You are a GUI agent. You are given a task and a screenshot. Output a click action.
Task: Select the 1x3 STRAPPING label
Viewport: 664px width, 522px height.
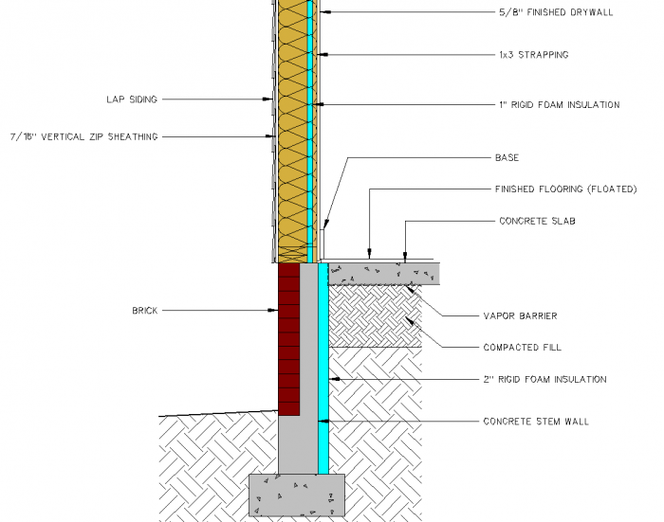pyautogui.click(x=533, y=55)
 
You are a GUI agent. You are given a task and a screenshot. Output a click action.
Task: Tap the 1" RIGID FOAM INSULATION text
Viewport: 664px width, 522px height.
pyautogui.click(x=559, y=105)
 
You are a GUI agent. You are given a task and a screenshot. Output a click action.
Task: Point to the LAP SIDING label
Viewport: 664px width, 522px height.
pyautogui.click(x=132, y=99)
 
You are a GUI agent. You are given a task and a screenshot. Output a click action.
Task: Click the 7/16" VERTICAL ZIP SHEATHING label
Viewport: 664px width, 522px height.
pyautogui.click(x=83, y=136)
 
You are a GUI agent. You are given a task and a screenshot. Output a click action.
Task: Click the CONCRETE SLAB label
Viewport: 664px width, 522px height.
pyautogui.click(x=538, y=221)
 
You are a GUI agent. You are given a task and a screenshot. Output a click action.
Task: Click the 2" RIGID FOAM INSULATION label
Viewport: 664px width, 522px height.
pyautogui.click(x=544, y=379)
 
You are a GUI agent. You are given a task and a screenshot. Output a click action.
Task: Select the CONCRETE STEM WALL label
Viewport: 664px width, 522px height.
pyautogui.click(x=536, y=422)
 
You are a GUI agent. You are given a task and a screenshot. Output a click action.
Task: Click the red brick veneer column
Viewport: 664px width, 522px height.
pyautogui.click(x=288, y=341)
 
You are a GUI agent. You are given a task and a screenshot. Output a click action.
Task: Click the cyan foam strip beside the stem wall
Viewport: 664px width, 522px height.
pyautogui.click(x=323, y=379)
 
